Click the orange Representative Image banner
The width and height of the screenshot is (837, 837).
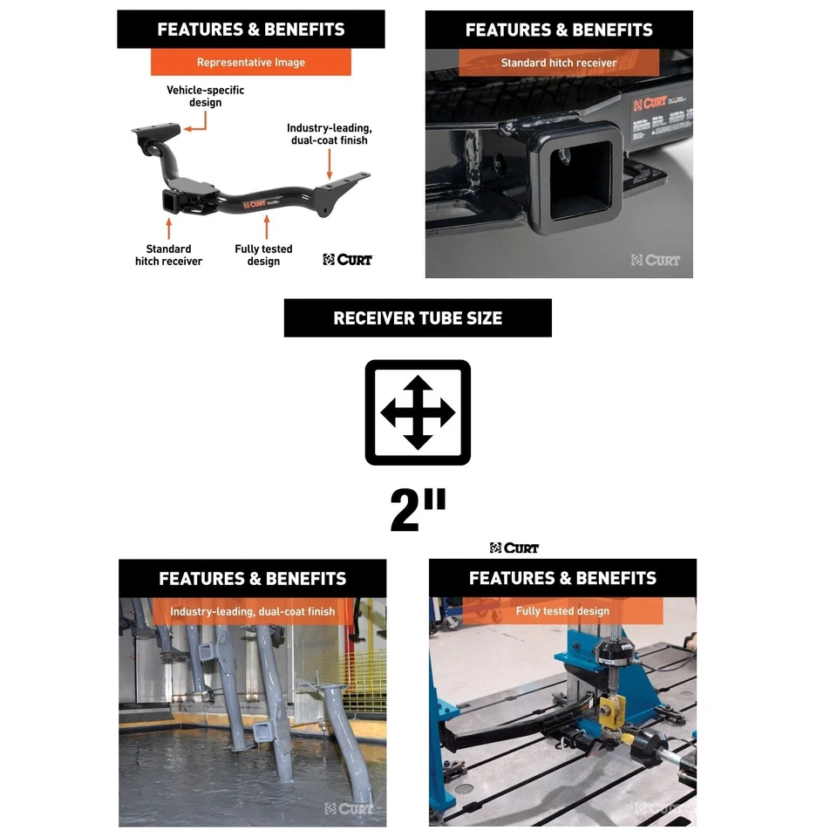[x=251, y=63]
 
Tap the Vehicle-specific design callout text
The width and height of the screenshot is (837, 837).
[x=205, y=96]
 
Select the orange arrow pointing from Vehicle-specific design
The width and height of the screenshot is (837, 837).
[x=195, y=126]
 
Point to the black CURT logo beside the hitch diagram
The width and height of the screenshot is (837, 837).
[x=347, y=259]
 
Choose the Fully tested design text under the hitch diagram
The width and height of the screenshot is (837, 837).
[x=263, y=255]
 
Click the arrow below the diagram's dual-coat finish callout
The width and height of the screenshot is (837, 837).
[x=330, y=163]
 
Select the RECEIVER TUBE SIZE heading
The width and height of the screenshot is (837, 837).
[x=418, y=318]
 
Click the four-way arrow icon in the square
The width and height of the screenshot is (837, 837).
[x=418, y=412]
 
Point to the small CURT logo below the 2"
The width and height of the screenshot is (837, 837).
[x=514, y=548]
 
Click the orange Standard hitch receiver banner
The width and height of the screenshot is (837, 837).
[x=559, y=63]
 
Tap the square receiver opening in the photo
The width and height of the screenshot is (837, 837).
[x=576, y=181]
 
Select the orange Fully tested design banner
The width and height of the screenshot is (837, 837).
[x=562, y=611]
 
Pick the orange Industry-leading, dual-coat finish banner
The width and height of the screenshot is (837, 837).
[x=253, y=611]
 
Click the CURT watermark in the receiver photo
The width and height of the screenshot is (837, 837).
[x=656, y=260]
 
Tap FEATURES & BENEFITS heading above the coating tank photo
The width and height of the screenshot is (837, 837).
[x=253, y=579]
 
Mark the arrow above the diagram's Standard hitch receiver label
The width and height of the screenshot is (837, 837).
[x=167, y=228]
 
